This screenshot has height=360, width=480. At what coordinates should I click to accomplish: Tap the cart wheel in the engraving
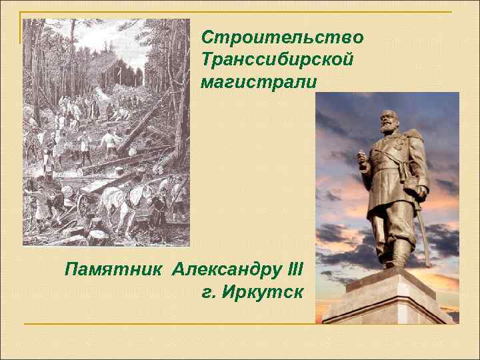tap(85, 207)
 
